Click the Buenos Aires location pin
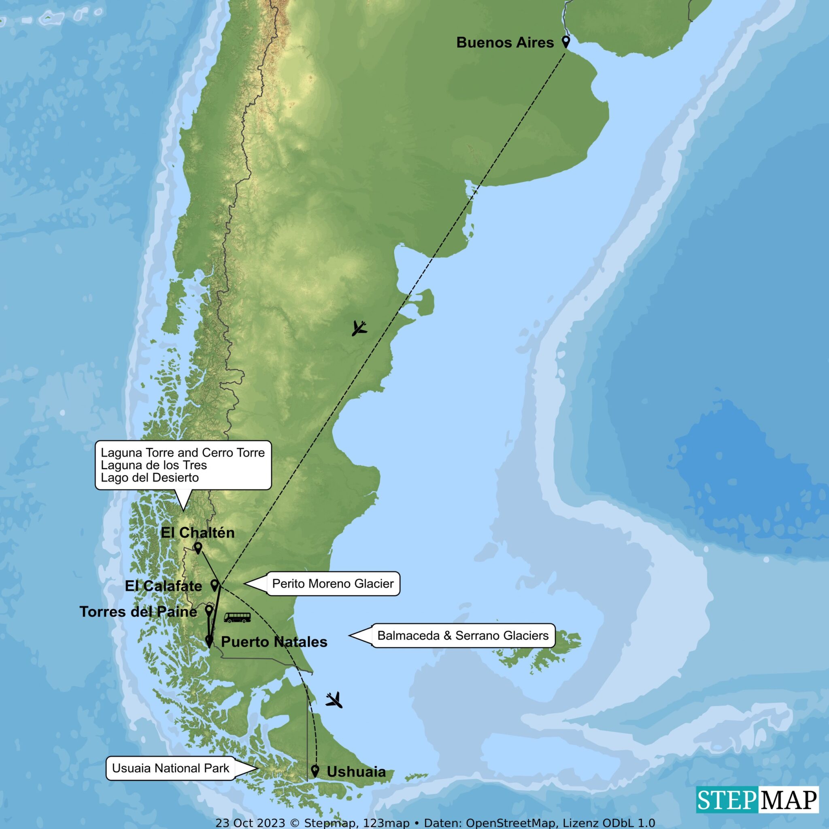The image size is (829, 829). (565, 42)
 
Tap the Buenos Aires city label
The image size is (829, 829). (505, 43)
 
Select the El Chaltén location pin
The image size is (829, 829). (198, 548)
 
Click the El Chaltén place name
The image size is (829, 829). (198, 533)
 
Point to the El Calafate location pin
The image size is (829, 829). (214, 585)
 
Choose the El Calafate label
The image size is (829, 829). (164, 586)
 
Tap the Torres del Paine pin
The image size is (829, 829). (208, 610)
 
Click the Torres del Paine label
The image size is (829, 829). (138, 612)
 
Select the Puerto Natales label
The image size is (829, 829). (274, 642)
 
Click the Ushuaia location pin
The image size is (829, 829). (315, 770)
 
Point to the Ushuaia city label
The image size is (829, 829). (356, 772)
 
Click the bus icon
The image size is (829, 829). (237, 617)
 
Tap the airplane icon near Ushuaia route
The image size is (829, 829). (334, 700)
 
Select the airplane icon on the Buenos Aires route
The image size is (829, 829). (359, 328)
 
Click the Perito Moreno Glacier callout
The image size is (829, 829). (333, 584)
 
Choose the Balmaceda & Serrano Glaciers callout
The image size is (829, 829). (463, 636)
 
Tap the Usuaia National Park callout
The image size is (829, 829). (170, 768)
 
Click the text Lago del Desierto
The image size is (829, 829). (150, 478)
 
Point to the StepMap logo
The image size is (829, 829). (757, 800)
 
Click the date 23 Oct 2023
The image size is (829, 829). (250, 823)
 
